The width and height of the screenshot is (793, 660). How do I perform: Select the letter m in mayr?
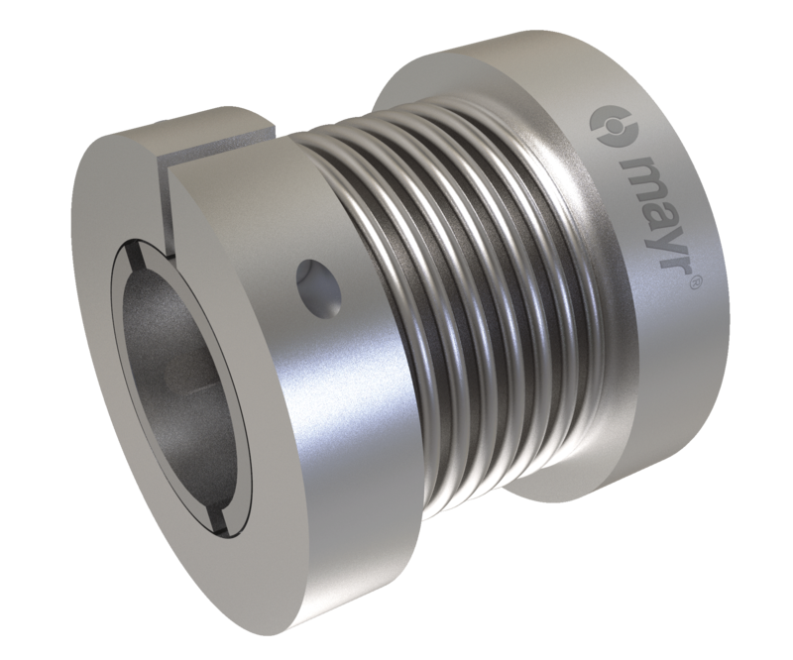638,174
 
